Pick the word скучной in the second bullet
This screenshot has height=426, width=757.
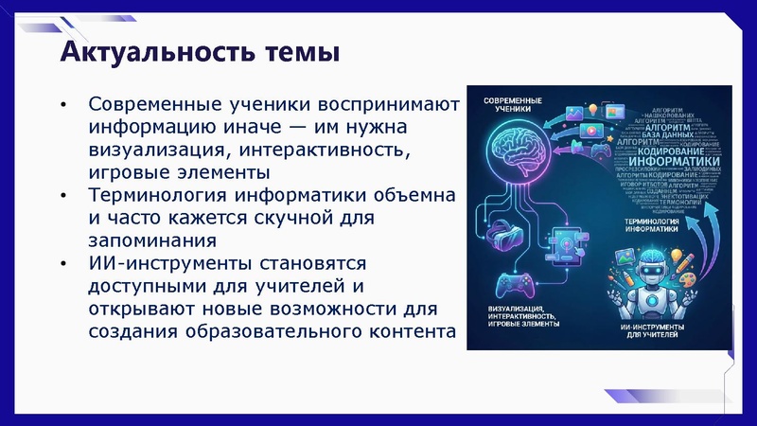pos(292,218)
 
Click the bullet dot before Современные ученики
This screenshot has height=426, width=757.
pos(63,104)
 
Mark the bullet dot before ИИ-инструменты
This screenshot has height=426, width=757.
pos(63,264)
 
